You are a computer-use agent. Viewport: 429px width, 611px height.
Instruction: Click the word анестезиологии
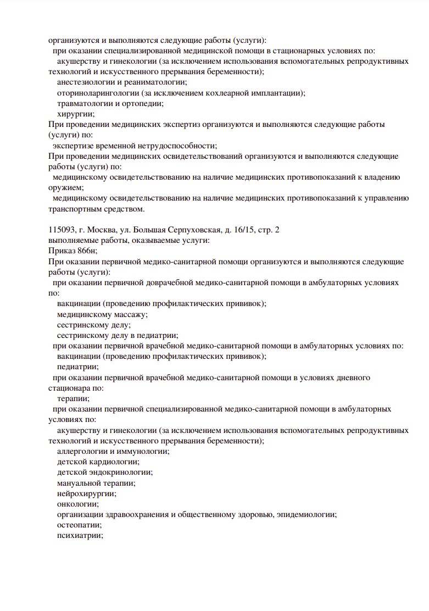[83, 82]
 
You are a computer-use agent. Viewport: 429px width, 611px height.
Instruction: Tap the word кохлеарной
[213, 93]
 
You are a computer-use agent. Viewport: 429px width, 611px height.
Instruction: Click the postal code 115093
[62, 230]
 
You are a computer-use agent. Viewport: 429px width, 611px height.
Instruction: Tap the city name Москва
[102, 230]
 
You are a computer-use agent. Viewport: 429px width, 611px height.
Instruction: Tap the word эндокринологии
[121, 473]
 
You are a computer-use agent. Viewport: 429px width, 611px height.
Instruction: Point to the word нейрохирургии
[86, 493]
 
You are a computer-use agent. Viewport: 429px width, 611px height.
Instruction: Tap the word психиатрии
[80, 536]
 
